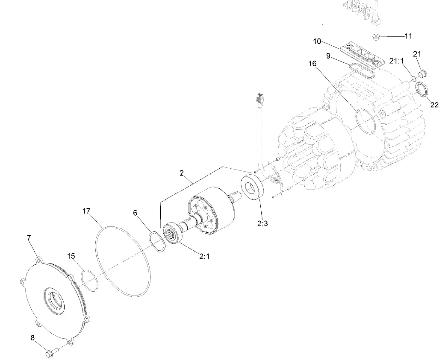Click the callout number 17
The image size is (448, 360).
click(x=87, y=211)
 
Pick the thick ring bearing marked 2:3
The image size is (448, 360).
click(x=253, y=187)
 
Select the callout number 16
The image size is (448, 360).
click(x=312, y=64)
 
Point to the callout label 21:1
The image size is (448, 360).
click(x=397, y=61)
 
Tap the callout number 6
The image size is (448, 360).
click(x=136, y=213)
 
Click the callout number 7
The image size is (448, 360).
click(x=29, y=238)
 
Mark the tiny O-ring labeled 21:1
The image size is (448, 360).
click(x=414, y=78)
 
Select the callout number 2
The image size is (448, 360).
click(x=182, y=173)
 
